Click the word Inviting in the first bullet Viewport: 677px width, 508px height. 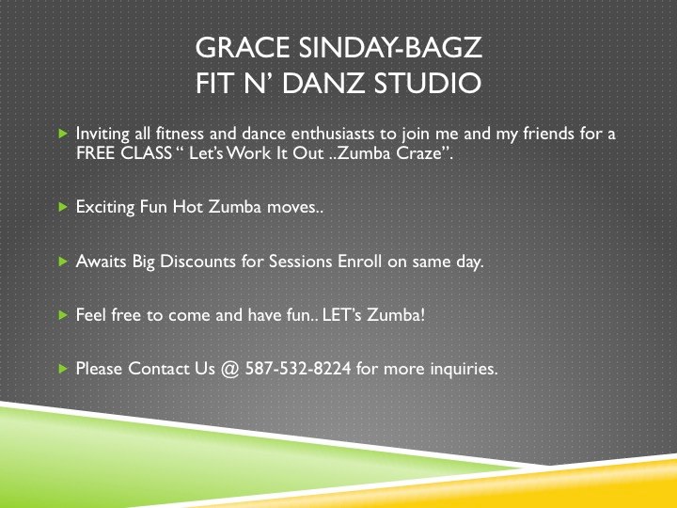102,135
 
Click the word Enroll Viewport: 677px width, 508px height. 360,262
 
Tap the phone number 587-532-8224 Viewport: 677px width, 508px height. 298,369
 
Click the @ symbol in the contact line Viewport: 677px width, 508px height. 231,369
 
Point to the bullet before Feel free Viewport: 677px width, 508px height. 63,315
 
